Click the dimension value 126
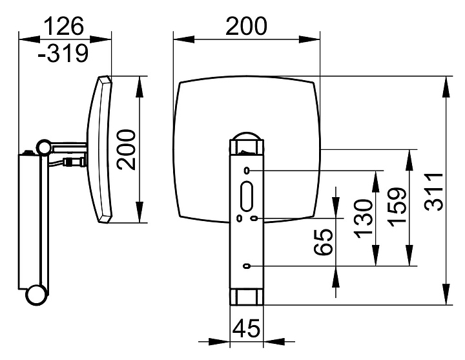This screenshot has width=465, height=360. [64, 26]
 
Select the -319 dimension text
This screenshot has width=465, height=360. [63, 53]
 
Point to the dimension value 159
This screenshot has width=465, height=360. [397, 207]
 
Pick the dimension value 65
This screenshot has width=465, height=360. [323, 242]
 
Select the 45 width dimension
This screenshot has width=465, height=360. [246, 328]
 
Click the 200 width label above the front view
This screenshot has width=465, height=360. [247, 26]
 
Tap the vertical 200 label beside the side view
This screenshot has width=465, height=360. [126, 149]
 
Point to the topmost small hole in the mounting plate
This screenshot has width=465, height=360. [247, 171]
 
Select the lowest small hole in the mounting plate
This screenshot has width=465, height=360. [247, 266]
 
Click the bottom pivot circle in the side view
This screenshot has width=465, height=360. [37, 295]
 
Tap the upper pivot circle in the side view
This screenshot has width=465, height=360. [44, 147]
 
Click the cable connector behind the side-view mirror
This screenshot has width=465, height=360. [74, 162]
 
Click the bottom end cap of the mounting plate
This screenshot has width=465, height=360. [247, 297]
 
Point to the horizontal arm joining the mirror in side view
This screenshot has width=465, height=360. [69, 146]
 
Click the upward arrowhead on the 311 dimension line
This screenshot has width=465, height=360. [446, 87]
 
